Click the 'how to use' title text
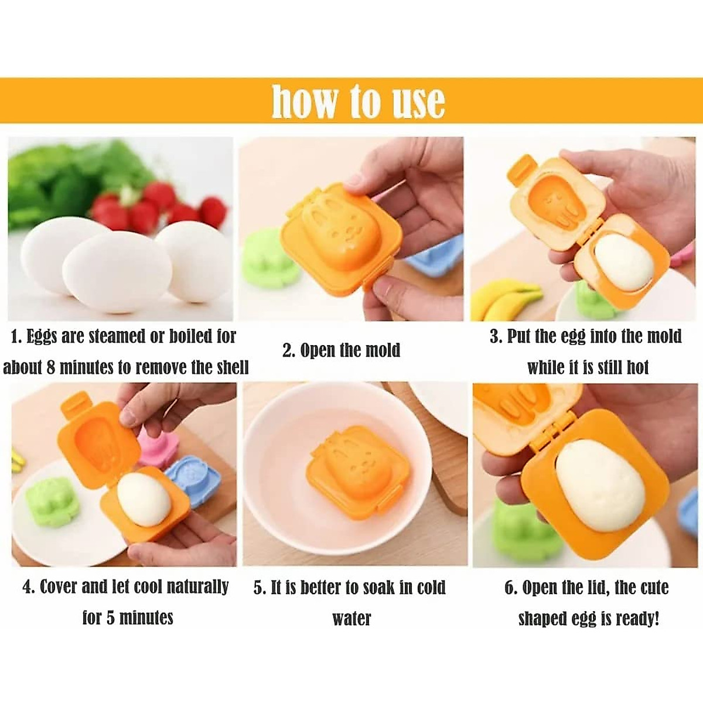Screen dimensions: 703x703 (x=358, y=101)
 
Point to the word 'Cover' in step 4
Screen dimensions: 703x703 (x=59, y=587)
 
